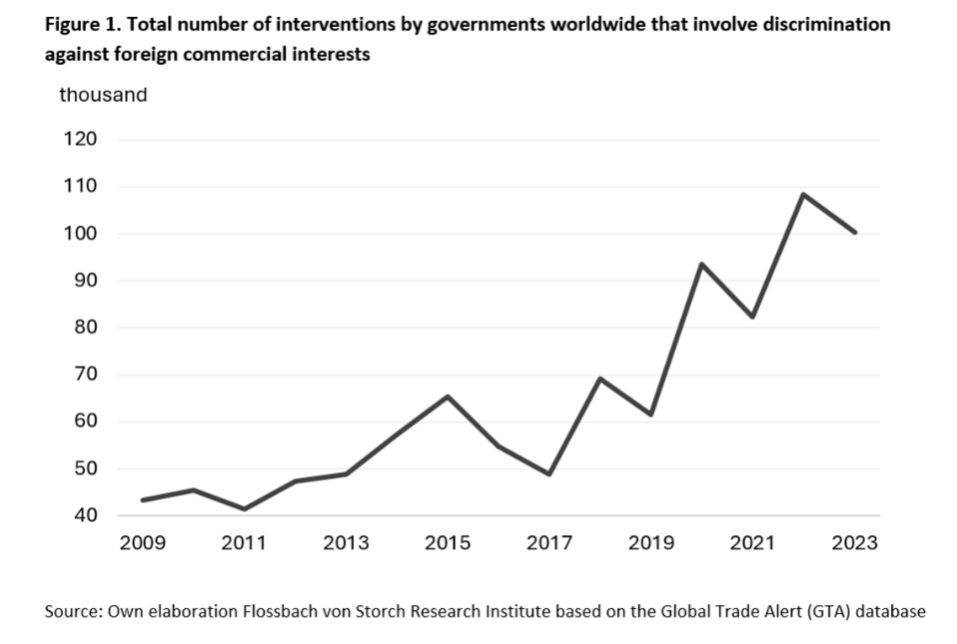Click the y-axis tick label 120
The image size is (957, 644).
point(80,139)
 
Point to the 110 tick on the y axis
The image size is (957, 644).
point(80,186)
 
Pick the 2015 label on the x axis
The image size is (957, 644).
point(448,543)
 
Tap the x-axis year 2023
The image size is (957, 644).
point(855,543)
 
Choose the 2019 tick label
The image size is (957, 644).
point(651,543)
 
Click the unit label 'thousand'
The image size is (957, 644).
point(103,96)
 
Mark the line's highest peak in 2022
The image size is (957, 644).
point(803,194)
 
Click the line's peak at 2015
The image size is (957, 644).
point(448,396)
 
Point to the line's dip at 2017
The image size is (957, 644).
point(549,474)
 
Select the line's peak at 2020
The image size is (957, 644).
point(701,264)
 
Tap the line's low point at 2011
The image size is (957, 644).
point(244,509)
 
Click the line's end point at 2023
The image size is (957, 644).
point(855,233)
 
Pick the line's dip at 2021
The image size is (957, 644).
point(752,317)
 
